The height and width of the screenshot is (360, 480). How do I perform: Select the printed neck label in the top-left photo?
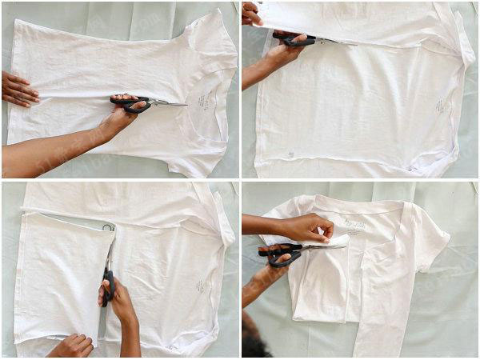(204, 101)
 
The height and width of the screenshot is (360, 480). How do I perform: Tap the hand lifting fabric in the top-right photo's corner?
(250, 13)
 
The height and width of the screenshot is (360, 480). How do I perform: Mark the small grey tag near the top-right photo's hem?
(291, 154)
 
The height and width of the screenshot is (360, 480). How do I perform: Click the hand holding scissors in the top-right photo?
(276, 60)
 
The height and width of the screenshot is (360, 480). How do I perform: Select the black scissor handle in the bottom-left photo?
(107, 284)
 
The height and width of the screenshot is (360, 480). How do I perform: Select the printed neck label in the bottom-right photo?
(355, 223)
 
